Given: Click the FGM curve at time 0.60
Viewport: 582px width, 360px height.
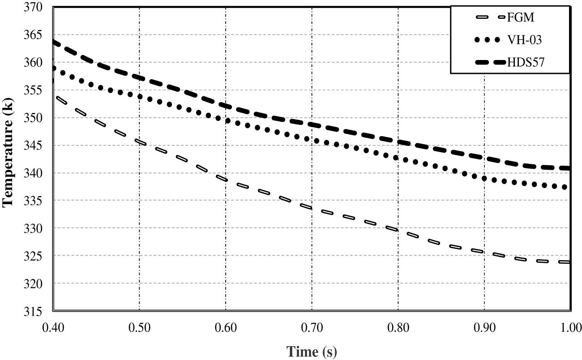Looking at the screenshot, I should (x=226, y=180).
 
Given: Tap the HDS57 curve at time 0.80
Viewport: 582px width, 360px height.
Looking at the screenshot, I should (x=398, y=142).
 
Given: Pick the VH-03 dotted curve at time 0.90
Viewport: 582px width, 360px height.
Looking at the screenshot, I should (x=484, y=179).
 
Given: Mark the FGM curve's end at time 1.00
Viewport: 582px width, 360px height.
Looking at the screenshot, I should (x=568, y=262).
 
